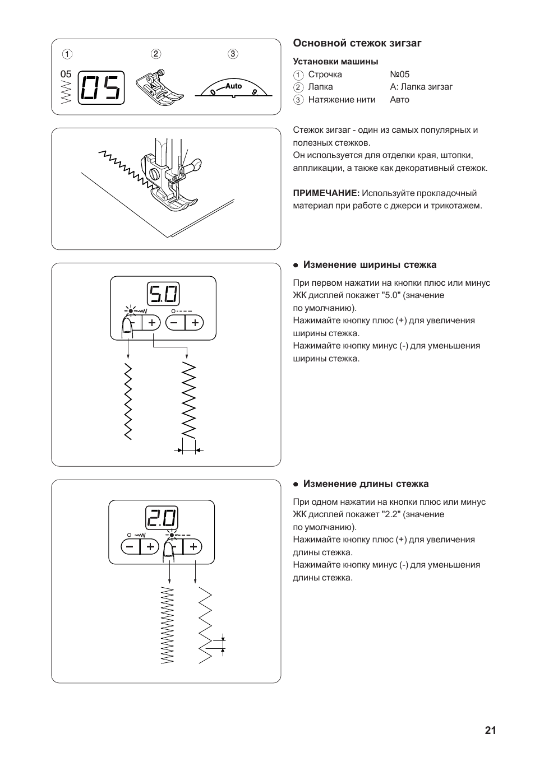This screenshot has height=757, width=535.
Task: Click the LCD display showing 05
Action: tap(101, 87)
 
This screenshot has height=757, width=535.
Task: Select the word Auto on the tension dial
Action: tap(233, 86)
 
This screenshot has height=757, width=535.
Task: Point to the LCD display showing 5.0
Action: tap(163, 294)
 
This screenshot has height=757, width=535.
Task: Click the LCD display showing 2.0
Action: tap(162, 518)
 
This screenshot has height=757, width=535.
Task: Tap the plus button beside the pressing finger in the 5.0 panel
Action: tap(151, 323)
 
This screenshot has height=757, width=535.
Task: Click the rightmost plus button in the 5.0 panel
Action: tap(195, 323)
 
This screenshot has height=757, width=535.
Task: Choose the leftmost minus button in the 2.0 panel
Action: tap(130, 547)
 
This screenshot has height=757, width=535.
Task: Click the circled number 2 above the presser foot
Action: tap(155, 54)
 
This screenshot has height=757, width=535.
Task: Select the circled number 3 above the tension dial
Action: tap(233, 54)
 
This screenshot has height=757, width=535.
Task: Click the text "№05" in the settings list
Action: tap(399, 75)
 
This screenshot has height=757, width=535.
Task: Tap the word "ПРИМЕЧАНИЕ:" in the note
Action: tap(326, 193)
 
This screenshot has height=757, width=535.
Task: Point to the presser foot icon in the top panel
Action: tap(160, 87)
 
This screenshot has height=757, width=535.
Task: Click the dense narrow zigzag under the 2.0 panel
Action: tap(168, 625)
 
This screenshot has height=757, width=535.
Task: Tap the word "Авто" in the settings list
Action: tap(399, 100)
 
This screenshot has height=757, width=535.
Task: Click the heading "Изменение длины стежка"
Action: tap(366, 484)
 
